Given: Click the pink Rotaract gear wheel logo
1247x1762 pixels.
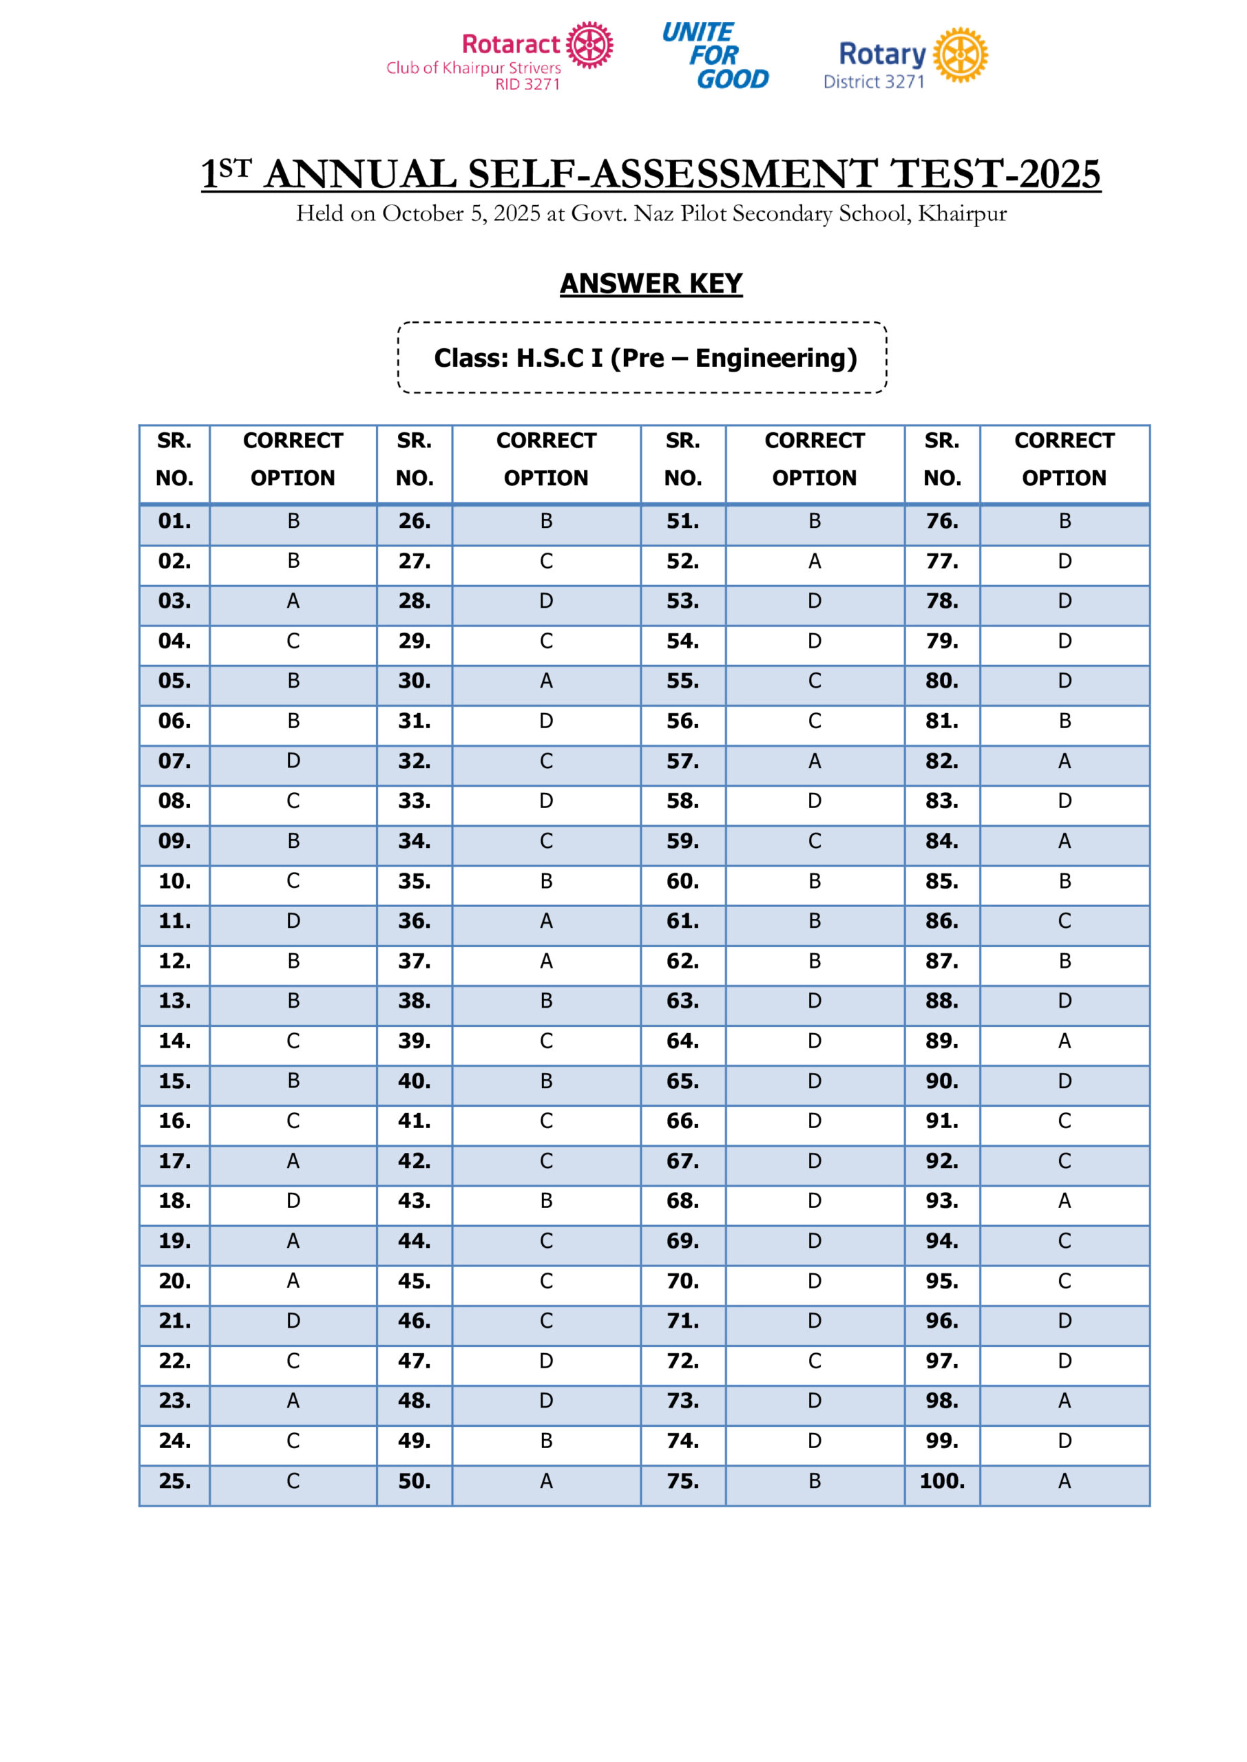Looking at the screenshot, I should [589, 45].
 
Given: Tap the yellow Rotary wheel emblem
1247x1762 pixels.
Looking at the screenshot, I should [960, 54].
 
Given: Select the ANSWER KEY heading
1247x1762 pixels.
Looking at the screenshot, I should [651, 283].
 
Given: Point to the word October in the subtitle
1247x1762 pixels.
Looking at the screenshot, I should [422, 213].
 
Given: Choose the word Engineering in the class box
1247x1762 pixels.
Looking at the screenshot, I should [775, 358].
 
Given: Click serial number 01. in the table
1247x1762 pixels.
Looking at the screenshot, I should [174, 521].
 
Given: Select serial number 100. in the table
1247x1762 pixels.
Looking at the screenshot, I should [941, 1480].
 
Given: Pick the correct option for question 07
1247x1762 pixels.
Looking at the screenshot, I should [293, 761].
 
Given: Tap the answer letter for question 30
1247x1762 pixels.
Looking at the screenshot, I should [546, 681].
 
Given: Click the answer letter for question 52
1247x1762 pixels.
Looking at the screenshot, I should [814, 561].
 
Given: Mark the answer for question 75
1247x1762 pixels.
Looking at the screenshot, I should [814, 1480].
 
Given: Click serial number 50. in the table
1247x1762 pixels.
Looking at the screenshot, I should [414, 1480].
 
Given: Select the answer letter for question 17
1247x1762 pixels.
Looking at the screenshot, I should [293, 1160].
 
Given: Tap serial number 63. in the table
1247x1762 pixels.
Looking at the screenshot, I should [682, 1001].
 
